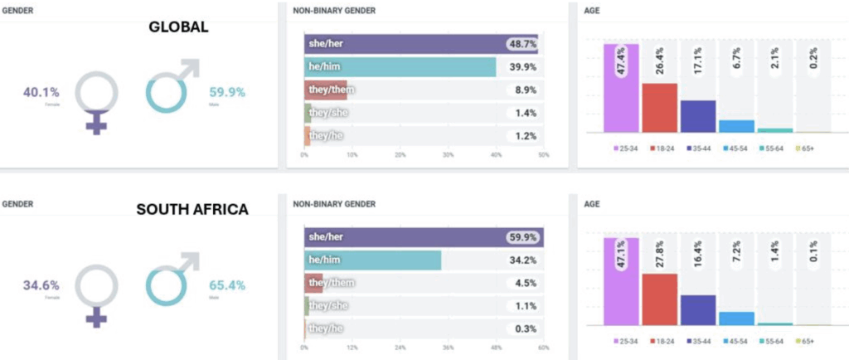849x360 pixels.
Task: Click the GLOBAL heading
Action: coord(178,27)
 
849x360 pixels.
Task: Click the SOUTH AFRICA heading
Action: coord(192,210)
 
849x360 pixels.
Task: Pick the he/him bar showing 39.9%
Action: coord(400,66)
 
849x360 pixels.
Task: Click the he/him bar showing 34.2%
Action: coord(373,260)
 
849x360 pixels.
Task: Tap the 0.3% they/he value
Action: coord(526,329)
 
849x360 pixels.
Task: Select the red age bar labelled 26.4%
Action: coord(659,108)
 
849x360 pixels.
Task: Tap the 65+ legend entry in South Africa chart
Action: coord(805,342)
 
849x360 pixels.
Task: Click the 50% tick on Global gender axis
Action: coord(543,155)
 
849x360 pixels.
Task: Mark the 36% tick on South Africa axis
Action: coord(448,348)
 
